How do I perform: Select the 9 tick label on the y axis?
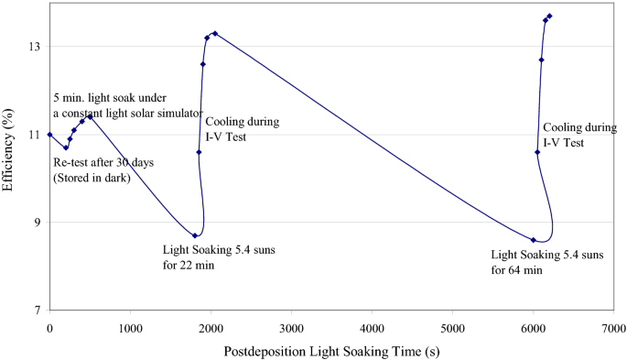36,223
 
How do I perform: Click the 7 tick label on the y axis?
36,311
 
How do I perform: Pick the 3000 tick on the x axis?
291,326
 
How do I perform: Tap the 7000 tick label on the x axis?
613,326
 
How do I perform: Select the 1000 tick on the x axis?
130,326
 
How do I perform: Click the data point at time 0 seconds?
49,135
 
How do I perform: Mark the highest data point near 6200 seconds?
549,16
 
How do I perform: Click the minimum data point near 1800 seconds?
195,235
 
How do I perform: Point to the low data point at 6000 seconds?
533,240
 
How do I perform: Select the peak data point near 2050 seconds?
215,33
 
